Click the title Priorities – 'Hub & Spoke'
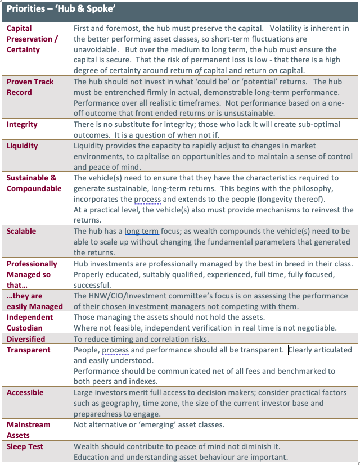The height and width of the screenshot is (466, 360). (x=61, y=10)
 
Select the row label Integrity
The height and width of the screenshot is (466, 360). (x=22, y=124)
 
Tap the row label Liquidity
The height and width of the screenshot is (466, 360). (x=22, y=146)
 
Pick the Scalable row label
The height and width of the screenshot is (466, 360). (x=21, y=231)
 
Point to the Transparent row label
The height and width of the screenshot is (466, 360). (x=28, y=350)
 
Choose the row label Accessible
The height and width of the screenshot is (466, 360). (x=25, y=392)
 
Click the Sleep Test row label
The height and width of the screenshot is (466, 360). (x=25, y=446)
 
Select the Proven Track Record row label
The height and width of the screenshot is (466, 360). (x=30, y=87)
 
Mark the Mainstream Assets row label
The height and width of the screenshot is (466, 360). (x=28, y=429)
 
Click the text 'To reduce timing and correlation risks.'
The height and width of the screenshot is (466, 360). (x=141, y=339)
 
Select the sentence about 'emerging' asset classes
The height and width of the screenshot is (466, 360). (x=149, y=424)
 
